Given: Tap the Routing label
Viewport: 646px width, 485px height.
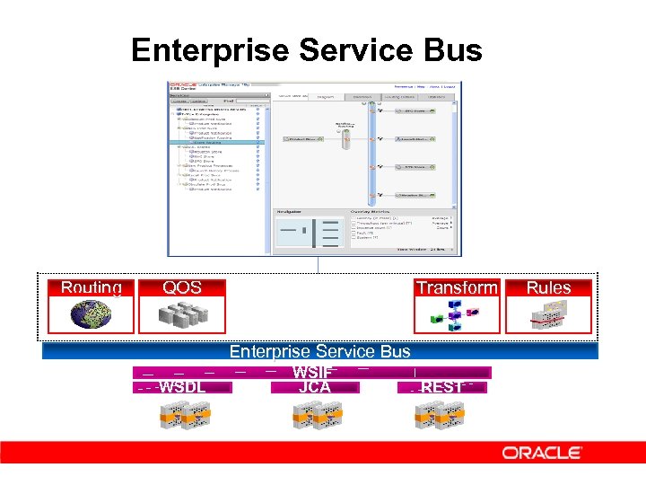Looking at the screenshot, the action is click(x=92, y=288).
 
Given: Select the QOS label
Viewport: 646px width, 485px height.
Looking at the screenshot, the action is click(x=182, y=288).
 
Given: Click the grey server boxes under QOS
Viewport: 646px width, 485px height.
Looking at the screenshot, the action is click(x=182, y=315).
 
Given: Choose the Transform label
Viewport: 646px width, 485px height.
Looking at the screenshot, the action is click(x=456, y=288).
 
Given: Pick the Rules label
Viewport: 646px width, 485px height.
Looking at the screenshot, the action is click(x=548, y=288).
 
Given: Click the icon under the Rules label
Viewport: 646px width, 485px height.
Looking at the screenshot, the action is click(x=548, y=315).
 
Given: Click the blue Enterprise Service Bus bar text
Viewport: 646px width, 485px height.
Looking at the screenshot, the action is click(x=319, y=352).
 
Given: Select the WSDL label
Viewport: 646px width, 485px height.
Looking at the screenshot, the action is click(x=183, y=387).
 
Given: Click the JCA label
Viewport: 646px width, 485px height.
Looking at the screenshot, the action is click(x=314, y=387).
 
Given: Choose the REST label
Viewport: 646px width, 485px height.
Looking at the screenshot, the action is click(x=443, y=387).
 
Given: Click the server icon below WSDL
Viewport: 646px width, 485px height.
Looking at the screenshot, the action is click(x=183, y=414).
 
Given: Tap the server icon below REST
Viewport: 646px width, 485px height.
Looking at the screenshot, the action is click(x=440, y=414).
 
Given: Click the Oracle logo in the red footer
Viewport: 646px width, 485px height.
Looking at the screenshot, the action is click(x=542, y=453).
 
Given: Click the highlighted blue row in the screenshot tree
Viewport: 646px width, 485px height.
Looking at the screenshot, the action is click(x=220, y=142).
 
